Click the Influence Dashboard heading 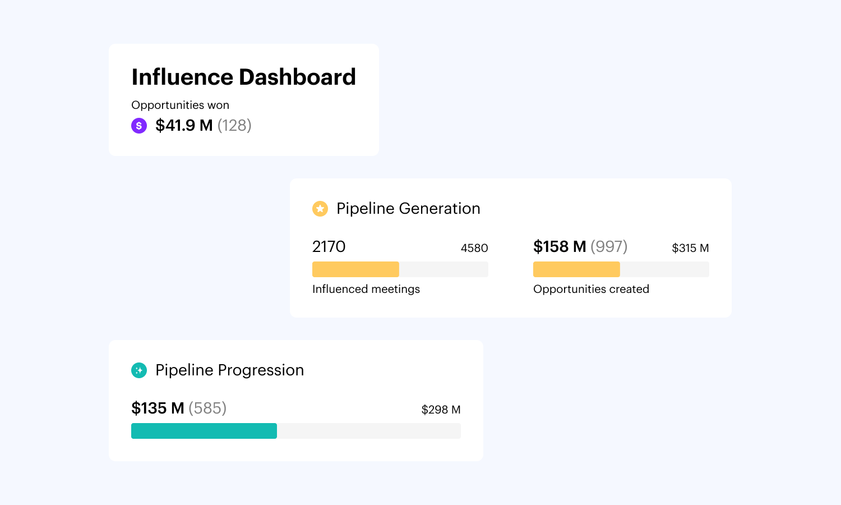pos(243,77)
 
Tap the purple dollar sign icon pos(139,126)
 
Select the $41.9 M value pos(184,126)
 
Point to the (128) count pos(234,126)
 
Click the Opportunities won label pos(180,105)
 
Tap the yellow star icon pos(320,209)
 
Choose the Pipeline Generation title pos(408,209)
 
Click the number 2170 pos(329,247)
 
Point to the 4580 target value pos(474,248)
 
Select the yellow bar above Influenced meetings pos(355,269)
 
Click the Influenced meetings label pos(366,289)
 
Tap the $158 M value pos(560,247)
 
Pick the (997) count pos(609,247)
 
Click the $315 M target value pos(690,248)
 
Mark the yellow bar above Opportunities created pos(576,269)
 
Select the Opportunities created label pos(591,289)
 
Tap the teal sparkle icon pos(139,370)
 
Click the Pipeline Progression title pos(229,370)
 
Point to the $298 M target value pos(441,410)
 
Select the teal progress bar pos(204,431)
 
